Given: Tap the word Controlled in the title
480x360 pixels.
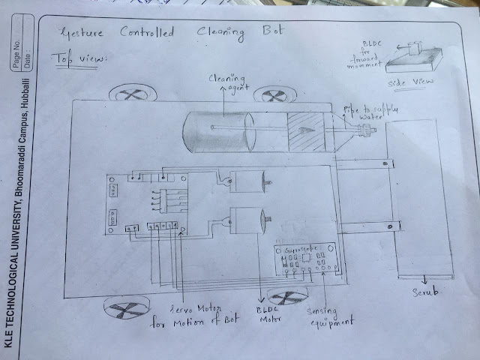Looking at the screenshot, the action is [x=147, y=33].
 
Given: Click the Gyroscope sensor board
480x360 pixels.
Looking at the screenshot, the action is [x=307, y=259].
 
